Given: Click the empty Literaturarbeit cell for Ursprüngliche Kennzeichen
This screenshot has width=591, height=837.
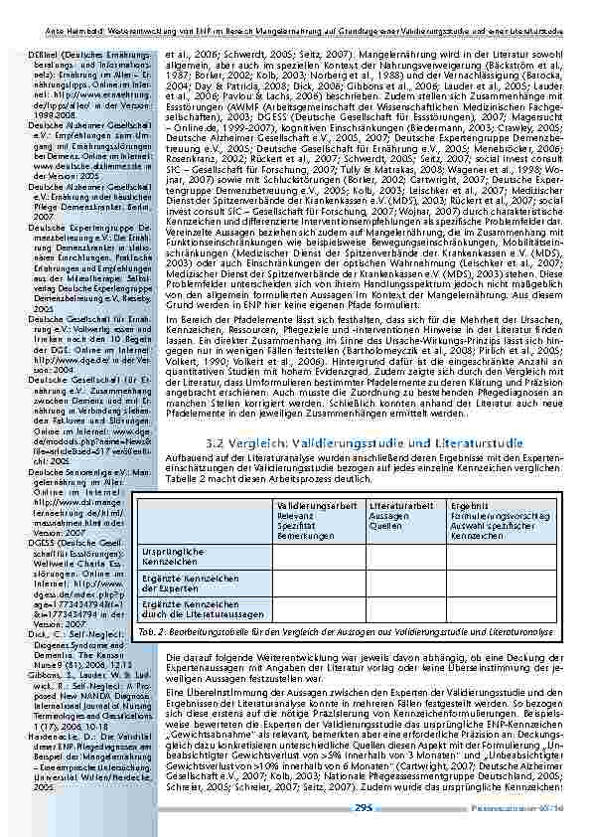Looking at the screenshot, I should (404, 556).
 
